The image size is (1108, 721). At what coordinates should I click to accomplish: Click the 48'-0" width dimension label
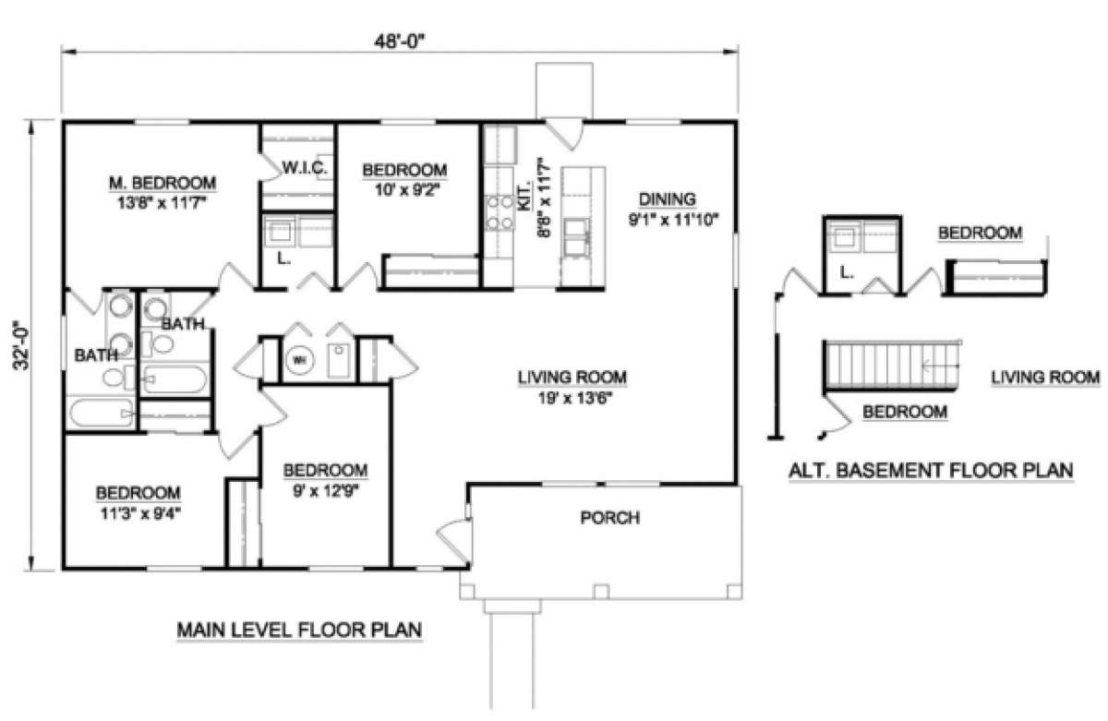[400, 42]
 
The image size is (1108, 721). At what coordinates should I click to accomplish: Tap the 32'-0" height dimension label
[22, 346]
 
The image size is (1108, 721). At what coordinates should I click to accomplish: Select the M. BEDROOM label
[163, 183]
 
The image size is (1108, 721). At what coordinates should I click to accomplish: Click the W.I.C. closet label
[305, 168]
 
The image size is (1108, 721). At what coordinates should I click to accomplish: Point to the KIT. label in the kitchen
[524, 198]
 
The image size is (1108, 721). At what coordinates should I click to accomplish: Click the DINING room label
[668, 199]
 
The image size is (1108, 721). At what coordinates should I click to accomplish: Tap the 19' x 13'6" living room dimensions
[575, 398]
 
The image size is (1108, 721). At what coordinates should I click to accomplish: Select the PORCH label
[610, 517]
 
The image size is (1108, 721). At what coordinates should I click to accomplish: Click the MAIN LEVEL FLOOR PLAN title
[299, 630]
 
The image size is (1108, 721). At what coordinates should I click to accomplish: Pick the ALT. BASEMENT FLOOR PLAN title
[931, 470]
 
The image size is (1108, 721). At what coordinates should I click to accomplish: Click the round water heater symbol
[300, 360]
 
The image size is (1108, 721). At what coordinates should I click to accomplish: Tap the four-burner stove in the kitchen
[500, 212]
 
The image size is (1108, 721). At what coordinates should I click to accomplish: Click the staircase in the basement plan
[891, 366]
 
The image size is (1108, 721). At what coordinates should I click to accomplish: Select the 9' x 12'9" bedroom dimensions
[325, 491]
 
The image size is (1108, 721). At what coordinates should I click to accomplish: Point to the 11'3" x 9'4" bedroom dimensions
[140, 514]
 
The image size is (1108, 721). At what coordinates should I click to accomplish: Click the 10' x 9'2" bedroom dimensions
[407, 189]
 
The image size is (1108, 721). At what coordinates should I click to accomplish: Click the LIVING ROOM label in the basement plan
[1045, 378]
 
